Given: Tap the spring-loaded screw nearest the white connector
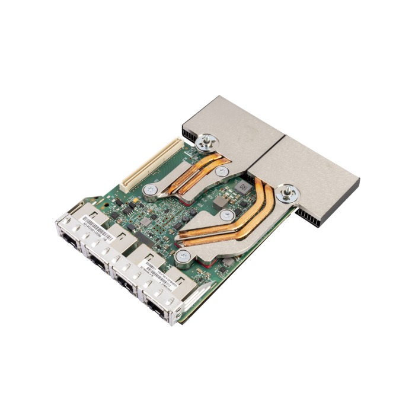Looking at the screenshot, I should [209, 142].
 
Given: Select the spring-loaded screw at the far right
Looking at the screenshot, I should [289, 191].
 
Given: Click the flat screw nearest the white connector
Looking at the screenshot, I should [151, 190].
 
